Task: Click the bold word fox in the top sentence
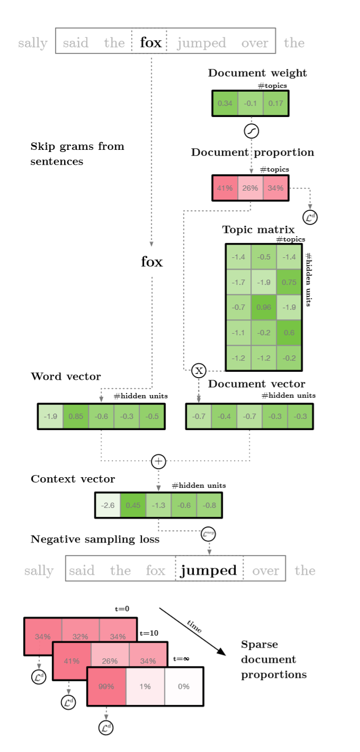coord(150,42)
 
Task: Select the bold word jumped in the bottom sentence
coord(209,570)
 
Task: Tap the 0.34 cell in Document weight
coord(225,103)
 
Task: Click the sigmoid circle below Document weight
coord(251,130)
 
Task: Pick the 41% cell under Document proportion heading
coord(225,188)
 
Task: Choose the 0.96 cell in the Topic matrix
coord(264,307)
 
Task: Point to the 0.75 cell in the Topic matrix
coord(289,282)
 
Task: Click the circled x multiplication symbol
coord(199,371)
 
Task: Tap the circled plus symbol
coord(158,461)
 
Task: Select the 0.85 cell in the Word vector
coord(76,416)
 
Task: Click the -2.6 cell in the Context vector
coord(107,505)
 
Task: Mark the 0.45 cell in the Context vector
coord(133,505)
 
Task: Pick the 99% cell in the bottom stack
coord(106,686)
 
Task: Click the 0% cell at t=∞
coord(184,686)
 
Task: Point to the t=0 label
coord(122,609)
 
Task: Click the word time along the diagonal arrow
coord(194,626)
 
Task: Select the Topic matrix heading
coord(258,229)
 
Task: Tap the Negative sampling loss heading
coord(95,539)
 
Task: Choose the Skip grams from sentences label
coord(77,154)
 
